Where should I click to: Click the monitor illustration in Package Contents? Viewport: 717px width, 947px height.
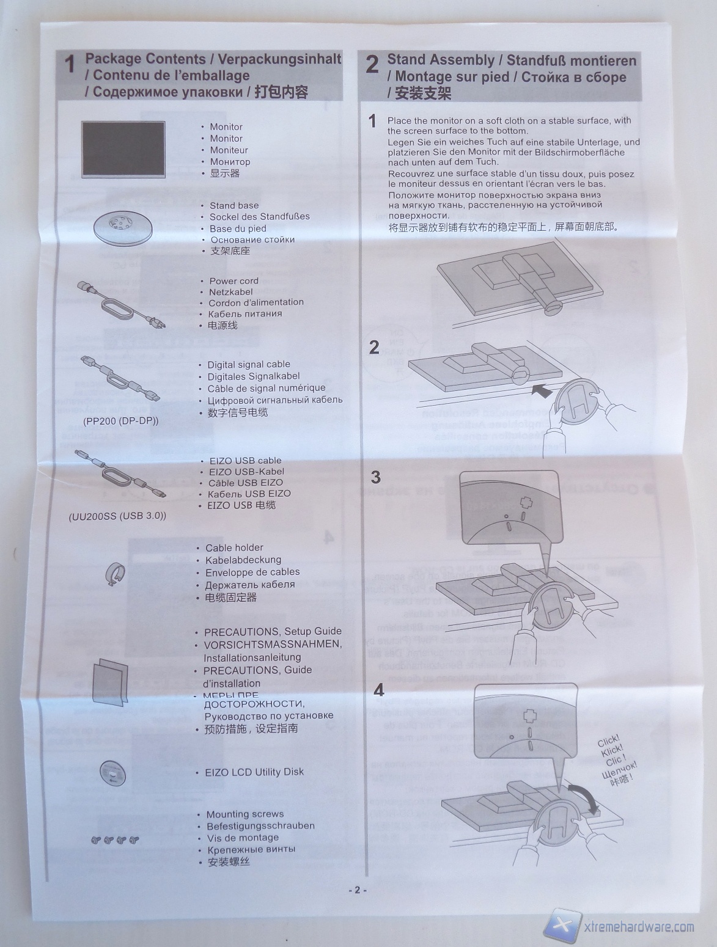click(123, 149)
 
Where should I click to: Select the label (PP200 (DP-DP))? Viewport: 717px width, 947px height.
click(120, 421)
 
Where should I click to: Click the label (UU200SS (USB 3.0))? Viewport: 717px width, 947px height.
click(117, 516)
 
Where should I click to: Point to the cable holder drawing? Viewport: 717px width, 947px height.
click(114, 574)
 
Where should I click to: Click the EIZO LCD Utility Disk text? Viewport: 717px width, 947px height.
click(254, 772)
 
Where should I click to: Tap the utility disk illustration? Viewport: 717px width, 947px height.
click(112, 773)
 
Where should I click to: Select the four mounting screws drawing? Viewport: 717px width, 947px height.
click(115, 840)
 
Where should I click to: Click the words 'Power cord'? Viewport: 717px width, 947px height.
click(233, 281)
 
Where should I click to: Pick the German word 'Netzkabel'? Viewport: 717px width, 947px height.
click(230, 292)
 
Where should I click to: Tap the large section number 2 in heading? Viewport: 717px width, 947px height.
click(372, 65)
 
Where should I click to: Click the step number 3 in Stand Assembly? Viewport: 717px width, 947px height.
click(375, 477)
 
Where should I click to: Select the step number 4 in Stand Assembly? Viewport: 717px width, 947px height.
click(379, 690)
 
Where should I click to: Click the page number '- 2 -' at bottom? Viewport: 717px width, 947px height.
click(358, 890)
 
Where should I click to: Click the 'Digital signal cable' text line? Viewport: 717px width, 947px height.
click(249, 364)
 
